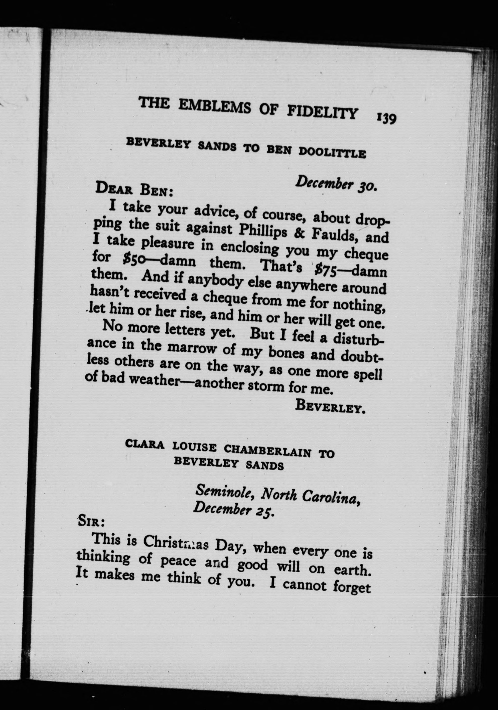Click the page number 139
[386, 118]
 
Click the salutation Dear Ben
[133, 189]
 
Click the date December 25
[233, 509]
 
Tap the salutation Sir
[91, 522]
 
